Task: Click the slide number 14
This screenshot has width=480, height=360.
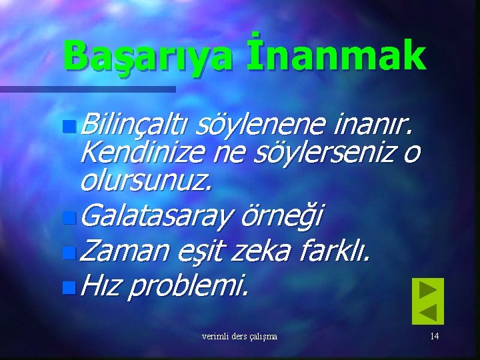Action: [x=434, y=336]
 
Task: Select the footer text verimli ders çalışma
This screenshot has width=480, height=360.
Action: [x=239, y=336]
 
